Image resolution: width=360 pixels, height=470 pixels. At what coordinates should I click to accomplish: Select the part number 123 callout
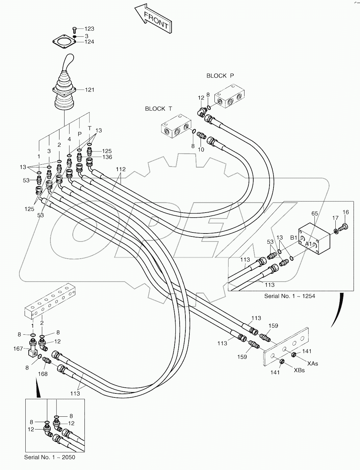click(x=89, y=29)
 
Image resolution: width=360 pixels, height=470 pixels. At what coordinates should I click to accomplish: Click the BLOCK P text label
click(x=220, y=76)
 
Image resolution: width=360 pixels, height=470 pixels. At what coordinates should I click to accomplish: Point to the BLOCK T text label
click(x=158, y=109)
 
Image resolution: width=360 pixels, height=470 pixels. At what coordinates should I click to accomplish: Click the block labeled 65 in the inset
click(x=314, y=238)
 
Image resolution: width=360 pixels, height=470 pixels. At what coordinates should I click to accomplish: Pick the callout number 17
click(x=335, y=218)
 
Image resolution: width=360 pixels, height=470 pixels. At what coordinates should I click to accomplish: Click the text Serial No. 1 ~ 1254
click(x=289, y=296)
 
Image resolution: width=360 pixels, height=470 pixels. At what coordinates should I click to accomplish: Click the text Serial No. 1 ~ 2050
click(x=50, y=457)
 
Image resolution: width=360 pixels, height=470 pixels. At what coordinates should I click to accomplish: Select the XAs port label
click(x=312, y=363)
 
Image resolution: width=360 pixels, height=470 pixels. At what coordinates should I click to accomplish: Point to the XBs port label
click(x=299, y=370)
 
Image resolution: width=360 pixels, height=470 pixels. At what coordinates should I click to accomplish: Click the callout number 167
click(x=18, y=349)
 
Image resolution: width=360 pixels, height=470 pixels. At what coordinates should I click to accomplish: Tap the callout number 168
click(x=43, y=374)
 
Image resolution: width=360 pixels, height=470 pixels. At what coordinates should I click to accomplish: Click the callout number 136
click(x=107, y=157)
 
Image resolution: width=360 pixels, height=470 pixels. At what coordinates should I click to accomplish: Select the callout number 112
click(x=121, y=169)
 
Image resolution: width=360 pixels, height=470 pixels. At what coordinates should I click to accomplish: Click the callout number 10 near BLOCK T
click(x=201, y=150)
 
